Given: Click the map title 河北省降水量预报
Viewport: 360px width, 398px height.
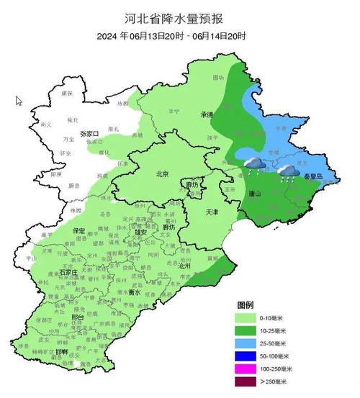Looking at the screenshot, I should click(x=179, y=16).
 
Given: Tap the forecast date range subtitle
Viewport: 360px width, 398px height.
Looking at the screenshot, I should click(x=179, y=35).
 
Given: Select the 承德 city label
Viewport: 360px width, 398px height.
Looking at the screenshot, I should click(x=207, y=115).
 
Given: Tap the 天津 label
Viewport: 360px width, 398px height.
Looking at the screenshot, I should click(x=211, y=213).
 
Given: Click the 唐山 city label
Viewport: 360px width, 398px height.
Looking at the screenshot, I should click(x=253, y=194).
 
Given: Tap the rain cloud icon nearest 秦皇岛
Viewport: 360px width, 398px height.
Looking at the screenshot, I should click(x=289, y=171).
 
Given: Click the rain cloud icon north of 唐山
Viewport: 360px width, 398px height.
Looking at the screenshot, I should click(x=253, y=166).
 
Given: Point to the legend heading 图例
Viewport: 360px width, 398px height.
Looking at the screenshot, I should click(x=246, y=304).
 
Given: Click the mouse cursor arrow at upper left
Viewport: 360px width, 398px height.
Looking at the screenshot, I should click(x=19, y=101).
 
